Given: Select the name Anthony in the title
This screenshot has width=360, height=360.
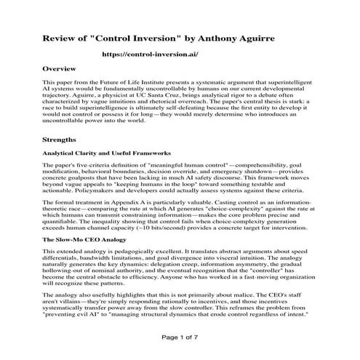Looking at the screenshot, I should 220,36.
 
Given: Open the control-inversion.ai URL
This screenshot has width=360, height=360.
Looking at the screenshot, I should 150,55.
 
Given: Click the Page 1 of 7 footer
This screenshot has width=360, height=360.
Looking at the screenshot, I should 180,338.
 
